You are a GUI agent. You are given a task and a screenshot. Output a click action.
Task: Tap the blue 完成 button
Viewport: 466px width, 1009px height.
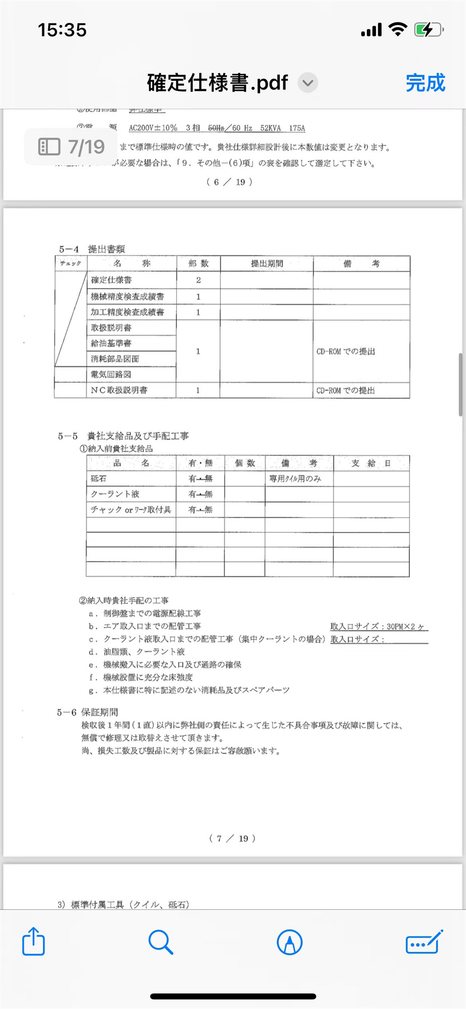(x=425, y=83)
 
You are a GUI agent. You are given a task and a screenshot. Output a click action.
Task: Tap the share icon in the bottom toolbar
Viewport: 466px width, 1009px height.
(x=34, y=941)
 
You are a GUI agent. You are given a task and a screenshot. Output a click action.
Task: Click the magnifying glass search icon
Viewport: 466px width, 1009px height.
(x=161, y=942)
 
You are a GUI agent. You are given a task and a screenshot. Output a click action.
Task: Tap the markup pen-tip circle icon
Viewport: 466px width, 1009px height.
(x=290, y=942)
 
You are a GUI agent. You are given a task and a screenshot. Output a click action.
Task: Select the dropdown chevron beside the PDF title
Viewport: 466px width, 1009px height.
(x=308, y=83)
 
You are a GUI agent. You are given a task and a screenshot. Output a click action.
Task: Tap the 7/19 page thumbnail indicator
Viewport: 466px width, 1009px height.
(x=71, y=147)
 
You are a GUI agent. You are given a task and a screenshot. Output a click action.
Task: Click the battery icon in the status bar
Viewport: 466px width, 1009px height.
(x=427, y=30)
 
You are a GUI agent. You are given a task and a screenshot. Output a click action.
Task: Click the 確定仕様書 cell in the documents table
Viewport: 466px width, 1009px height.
(x=111, y=280)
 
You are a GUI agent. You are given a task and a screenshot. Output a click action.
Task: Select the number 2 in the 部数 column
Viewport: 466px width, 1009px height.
(x=198, y=280)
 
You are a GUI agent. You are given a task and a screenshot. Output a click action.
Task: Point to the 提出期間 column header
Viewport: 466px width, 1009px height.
(x=267, y=264)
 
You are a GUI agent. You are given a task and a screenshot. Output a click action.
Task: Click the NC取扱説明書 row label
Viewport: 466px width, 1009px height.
(x=119, y=390)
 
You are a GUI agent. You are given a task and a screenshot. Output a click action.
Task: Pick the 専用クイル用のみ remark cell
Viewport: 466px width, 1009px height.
(x=295, y=478)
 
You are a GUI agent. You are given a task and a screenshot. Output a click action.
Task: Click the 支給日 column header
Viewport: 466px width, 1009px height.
(x=371, y=463)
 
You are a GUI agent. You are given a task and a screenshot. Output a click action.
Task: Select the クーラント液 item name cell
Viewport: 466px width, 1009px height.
(x=115, y=494)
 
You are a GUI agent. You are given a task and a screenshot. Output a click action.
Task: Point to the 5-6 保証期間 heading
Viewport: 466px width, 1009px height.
(x=88, y=712)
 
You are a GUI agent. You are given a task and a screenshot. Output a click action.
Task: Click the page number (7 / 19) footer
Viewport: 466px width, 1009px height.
(x=232, y=838)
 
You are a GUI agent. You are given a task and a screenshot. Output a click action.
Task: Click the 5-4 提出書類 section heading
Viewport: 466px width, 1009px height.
(x=92, y=249)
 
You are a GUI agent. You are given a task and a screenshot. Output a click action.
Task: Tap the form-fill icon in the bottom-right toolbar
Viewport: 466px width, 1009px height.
(x=424, y=942)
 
